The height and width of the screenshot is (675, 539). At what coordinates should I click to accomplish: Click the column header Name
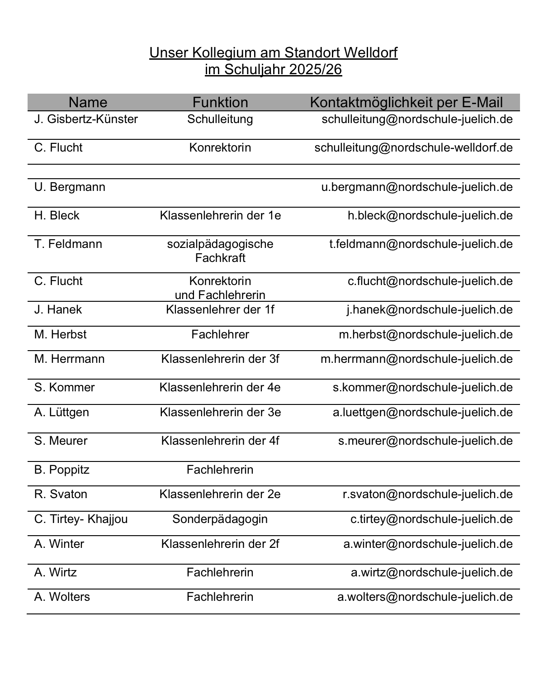coord(88,102)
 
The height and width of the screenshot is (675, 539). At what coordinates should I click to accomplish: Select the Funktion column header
coord(220,102)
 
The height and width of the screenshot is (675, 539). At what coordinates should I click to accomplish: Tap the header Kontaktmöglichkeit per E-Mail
coord(406,102)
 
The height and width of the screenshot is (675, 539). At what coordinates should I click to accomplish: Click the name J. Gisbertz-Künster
coord(86,119)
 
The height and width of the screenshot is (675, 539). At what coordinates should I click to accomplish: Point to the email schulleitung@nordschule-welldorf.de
coord(413,148)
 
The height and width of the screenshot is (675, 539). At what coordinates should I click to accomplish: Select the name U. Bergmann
coord(70,187)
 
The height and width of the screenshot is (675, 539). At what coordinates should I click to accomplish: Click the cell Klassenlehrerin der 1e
coord(220,216)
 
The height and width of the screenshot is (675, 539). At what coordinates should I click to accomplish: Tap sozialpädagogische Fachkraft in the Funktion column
coord(220,251)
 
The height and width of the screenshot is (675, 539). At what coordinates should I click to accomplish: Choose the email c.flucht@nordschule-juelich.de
coord(430,281)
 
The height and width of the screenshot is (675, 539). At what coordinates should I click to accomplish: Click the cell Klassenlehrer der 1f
coord(220,310)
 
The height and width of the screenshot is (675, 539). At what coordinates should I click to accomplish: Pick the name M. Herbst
coord(60,335)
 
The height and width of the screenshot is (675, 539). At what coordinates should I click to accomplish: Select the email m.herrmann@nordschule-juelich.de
coord(416,359)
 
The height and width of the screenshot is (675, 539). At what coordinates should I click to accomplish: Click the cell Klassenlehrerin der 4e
coord(220,388)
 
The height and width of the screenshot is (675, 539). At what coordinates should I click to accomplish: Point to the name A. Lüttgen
coord(61,413)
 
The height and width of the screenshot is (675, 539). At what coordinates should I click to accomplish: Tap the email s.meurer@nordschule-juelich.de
coord(426,441)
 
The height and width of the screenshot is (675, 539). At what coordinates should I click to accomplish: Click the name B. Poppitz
coord(62,470)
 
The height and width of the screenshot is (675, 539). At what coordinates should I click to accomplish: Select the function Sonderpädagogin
coord(220,519)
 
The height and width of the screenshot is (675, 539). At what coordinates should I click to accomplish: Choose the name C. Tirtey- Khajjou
coord(81,519)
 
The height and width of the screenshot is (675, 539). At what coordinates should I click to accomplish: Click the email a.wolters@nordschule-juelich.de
coord(425,597)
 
